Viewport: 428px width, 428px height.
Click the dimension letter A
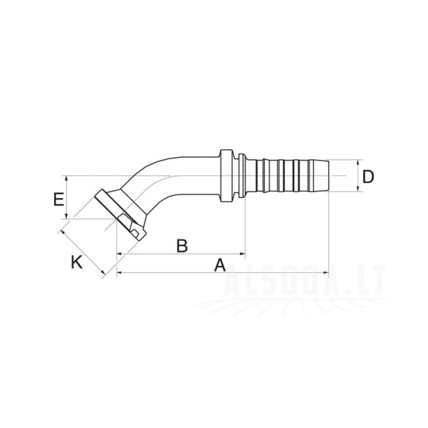220,265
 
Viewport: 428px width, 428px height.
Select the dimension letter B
182,245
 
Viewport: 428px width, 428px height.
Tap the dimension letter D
368,177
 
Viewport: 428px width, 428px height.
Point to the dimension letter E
59,199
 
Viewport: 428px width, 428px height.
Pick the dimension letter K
76,262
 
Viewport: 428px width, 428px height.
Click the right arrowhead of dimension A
326,272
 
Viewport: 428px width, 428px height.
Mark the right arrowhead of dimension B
242,253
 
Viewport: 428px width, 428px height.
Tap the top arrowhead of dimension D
358,163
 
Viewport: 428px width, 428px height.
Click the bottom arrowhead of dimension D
358,189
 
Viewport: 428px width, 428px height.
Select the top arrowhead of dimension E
66,179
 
